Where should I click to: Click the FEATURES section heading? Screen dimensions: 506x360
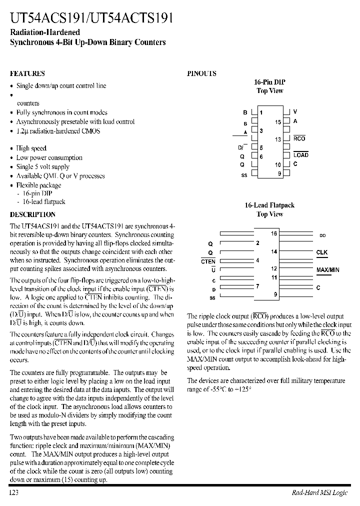(27, 73)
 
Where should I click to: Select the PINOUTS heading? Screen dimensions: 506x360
(201, 73)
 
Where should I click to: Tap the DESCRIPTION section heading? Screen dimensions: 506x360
(32, 214)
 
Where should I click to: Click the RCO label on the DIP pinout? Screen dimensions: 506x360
(299, 138)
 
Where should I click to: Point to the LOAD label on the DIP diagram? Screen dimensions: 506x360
(301, 155)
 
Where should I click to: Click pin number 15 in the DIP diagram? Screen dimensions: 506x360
(278, 121)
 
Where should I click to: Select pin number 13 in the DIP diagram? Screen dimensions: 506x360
(278, 139)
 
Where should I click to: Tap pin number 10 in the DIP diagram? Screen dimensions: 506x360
(278, 164)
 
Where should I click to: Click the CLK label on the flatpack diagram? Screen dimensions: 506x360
(321, 252)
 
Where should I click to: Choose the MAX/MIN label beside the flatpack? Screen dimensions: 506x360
(327, 270)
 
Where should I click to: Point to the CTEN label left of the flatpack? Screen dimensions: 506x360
(208, 261)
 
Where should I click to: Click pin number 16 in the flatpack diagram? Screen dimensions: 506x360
(274, 233)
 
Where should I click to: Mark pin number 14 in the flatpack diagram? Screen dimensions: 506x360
(274, 252)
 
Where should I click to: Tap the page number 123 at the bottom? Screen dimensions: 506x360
(13, 492)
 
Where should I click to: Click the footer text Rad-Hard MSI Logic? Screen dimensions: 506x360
(319, 492)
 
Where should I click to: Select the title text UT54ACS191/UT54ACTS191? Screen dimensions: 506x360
(92, 19)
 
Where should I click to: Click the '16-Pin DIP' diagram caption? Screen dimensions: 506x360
(269, 82)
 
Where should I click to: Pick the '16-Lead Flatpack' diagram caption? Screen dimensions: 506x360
(269, 205)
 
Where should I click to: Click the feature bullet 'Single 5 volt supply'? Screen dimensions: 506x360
(42, 167)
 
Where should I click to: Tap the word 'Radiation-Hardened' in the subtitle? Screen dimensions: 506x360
(38, 32)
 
